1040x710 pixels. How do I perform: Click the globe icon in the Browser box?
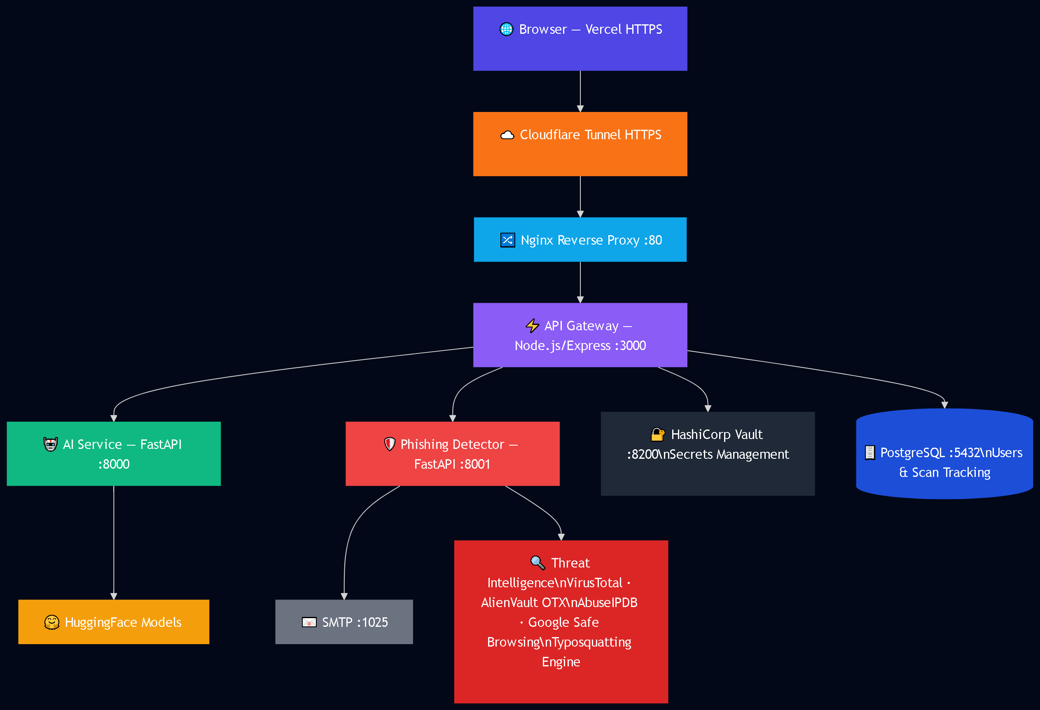point(506,29)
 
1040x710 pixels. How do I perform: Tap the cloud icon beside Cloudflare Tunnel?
point(507,135)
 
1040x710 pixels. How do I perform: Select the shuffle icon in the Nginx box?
point(507,240)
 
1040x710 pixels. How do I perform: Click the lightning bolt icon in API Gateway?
point(532,326)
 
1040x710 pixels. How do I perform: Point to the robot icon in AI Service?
point(51,444)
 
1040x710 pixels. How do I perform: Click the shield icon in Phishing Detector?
point(390,444)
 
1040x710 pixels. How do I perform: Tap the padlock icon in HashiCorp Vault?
point(657,434)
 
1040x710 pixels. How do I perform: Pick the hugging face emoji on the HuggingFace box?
point(52,622)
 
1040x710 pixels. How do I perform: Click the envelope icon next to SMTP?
point(309,622)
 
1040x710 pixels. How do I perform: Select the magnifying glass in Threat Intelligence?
point(538,563)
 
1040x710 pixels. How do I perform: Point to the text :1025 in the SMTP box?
point(372,622)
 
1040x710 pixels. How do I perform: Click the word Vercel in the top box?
point(603,30)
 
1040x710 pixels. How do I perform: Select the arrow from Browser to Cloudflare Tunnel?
point(580,91)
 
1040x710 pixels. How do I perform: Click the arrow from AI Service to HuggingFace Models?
point(114,543)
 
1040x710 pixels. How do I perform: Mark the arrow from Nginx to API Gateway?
point(580,282)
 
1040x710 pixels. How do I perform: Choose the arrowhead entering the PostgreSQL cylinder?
point(945,405)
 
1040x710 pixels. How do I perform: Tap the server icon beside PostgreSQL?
point(870,453)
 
